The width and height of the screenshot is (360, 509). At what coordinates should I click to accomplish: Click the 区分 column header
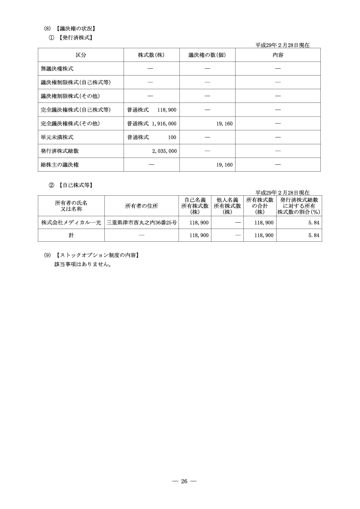point(81,55)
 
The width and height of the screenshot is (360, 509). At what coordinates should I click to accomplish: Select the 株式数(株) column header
point(151,55)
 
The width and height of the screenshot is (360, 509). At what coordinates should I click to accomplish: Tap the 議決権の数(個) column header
point(207,55)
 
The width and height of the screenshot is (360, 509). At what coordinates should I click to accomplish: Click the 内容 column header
point(278,55)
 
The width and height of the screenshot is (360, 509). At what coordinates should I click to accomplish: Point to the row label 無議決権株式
point(57,69)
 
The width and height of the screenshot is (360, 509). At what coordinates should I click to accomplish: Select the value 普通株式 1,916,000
point(152,123)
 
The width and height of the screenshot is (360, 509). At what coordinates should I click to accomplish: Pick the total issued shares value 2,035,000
point(165,151)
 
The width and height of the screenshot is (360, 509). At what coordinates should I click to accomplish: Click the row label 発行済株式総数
point(60,151)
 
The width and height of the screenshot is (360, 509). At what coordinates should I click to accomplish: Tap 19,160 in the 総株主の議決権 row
point(225,164)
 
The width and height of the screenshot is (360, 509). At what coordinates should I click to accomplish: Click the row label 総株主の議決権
point(60,164)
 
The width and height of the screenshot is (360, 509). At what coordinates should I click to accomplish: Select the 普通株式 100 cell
point(152,137)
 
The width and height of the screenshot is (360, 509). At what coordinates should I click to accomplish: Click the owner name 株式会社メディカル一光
point(71,223)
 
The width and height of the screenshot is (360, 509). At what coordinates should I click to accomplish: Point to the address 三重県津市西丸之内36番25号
point(141,223)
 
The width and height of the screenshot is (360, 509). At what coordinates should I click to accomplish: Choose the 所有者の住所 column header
point(141,206)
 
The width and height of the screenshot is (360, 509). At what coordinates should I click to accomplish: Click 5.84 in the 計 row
point(313,235)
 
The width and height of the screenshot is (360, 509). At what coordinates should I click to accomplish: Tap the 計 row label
point(71,235)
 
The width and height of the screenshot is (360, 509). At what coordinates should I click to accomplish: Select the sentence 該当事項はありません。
point(83,264)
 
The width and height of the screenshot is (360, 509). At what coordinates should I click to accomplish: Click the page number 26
point(184,482)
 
